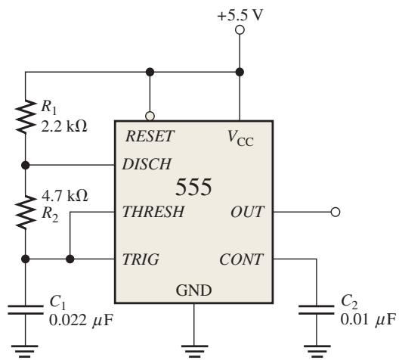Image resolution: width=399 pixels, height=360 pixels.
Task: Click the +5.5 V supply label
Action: (x=240, y=15)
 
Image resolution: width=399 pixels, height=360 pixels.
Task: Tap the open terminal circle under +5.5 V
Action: (x=240, y=30)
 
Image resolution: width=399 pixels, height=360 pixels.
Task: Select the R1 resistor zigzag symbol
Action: (x=25, y=116)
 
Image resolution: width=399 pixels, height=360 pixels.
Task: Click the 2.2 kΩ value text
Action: (x=64, y=126)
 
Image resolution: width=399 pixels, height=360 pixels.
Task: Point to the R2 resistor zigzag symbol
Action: (x=25, y=212)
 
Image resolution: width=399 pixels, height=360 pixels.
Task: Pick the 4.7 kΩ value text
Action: (x=65, y=196)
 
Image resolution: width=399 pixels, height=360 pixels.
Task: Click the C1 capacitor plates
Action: (x=25, y=309)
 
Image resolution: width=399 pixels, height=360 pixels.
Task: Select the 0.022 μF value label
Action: (x=81, y=320)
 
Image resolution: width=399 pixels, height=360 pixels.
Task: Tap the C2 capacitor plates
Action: (x=317, y=309)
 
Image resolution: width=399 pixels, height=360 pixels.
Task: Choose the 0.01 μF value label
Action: (x=368, y=319)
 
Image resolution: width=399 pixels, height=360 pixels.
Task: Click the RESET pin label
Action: (x=150, y=136)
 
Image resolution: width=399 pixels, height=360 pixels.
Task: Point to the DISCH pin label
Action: (x=147, y=164)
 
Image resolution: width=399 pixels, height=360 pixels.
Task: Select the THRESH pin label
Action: (x=153, y=212)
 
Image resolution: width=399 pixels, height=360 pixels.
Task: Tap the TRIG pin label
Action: (x=141, y=259)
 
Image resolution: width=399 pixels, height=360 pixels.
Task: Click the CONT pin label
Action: (x=241, y=259)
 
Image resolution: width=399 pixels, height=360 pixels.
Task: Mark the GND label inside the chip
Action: (x=193, y=290)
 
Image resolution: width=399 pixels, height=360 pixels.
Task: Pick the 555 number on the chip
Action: (x=193, y=187)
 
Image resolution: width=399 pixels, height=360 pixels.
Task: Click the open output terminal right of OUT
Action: (x=336, y=212)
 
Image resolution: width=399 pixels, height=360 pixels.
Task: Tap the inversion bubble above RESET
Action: (x=150, y=116)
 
